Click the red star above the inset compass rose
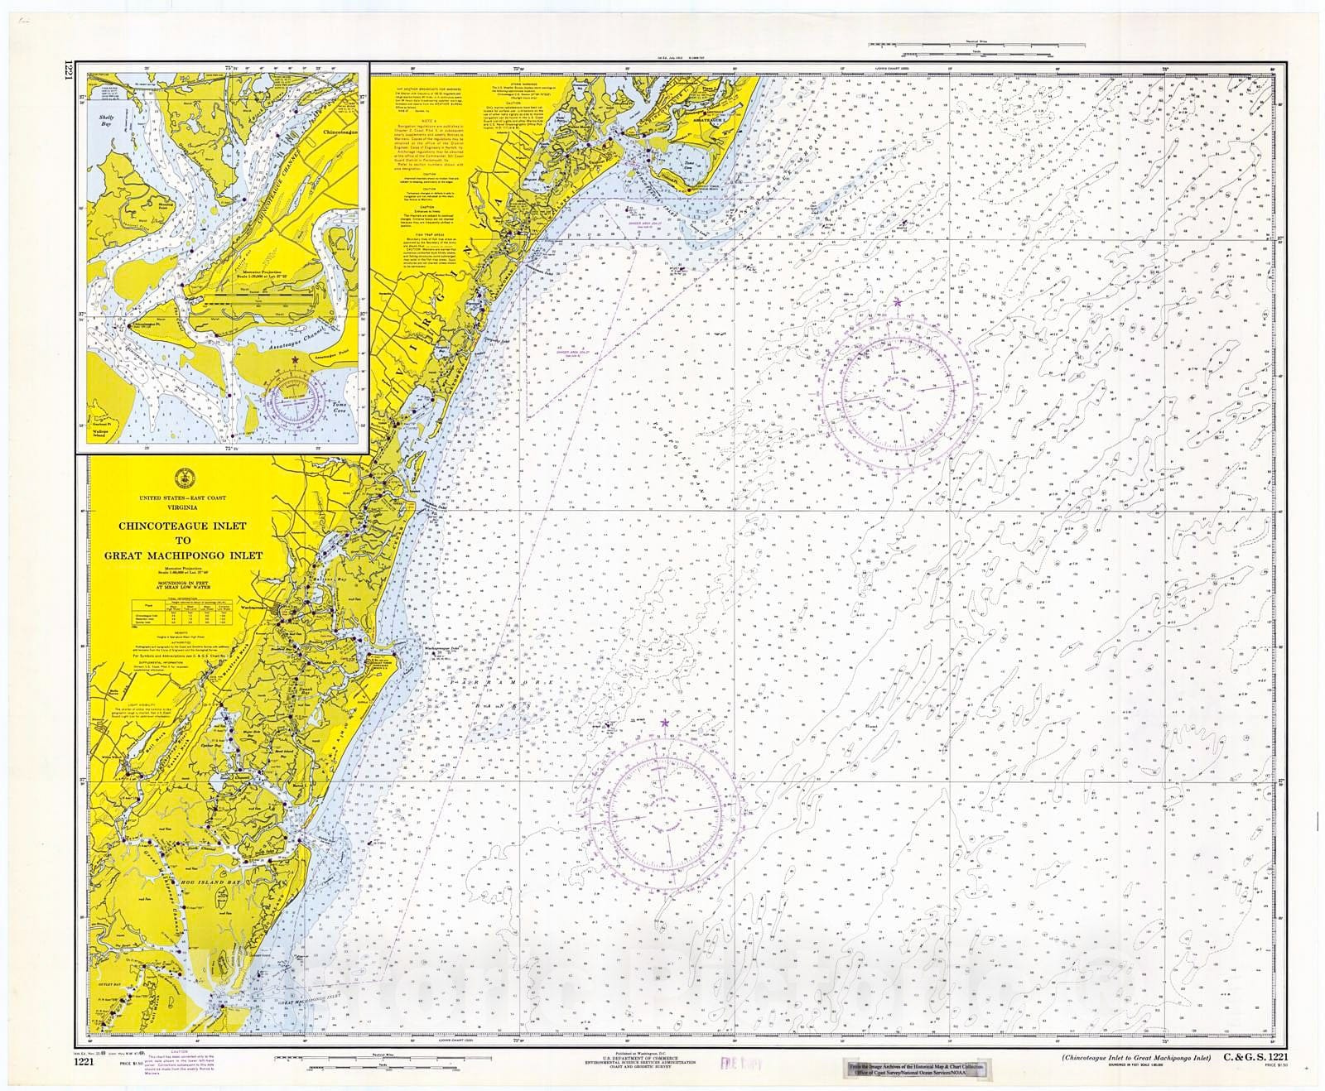296,360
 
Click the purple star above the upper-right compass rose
898,302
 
